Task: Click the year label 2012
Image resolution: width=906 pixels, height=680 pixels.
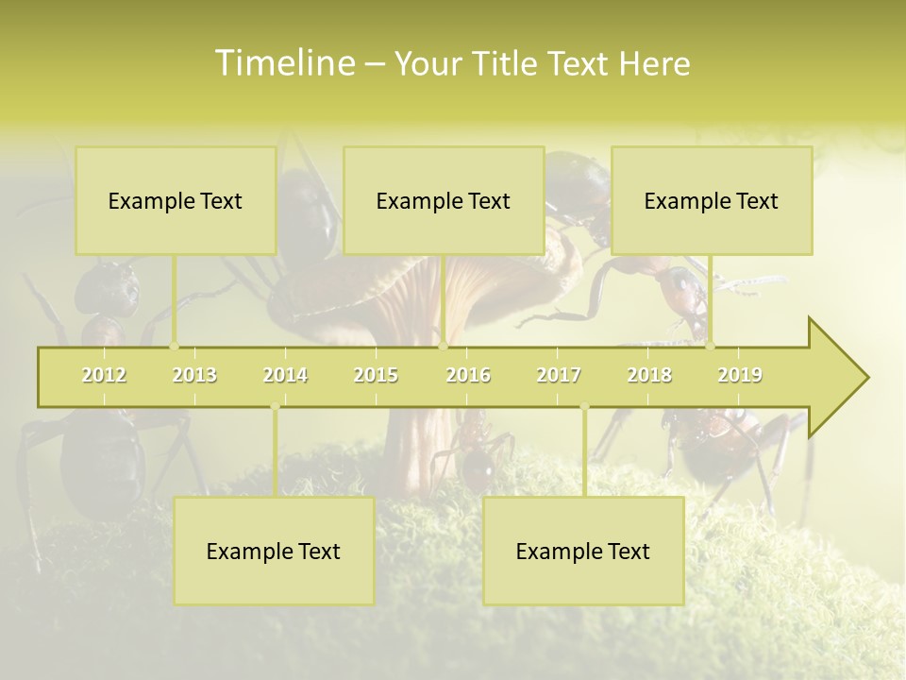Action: tap(104, 375)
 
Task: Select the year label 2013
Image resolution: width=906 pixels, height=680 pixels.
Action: tap(194, 375)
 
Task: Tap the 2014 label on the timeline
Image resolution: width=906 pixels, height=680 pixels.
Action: tap(285, 375)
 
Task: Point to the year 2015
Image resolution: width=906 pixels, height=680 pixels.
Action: tap(376, 375)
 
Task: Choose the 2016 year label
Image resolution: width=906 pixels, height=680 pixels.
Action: tap(468, 375)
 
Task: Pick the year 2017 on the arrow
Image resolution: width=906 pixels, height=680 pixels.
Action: tap(559, 375)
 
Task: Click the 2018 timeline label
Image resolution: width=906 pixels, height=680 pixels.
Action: tap(649, 375)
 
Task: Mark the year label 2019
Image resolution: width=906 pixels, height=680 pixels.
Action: tap(740, 375)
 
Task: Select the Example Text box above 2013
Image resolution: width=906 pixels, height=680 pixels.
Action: tap(176, 200)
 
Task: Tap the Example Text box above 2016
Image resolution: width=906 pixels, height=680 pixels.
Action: tap(444, 200)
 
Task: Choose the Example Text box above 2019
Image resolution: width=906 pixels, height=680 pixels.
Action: tap(712, 200)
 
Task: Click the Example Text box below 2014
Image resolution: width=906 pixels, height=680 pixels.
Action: tap(274, 551)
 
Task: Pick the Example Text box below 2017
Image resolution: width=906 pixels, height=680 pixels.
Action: tap(583, 551)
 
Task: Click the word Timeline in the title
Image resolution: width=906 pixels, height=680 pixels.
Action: tap(284, 63)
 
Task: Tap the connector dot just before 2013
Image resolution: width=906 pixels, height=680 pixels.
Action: tap(174, 346)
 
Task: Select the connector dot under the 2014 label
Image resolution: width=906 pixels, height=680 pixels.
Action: tap(275, 407)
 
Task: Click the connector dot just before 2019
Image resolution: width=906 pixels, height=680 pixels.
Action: tap(710, 346)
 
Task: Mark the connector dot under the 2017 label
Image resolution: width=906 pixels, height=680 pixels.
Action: tap(584, 407)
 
